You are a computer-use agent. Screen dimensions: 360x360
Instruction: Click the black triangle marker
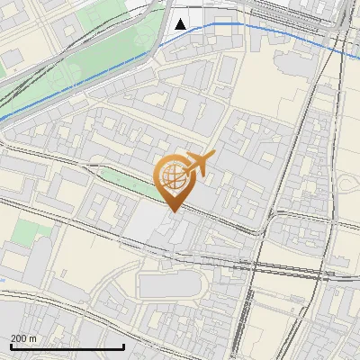181,23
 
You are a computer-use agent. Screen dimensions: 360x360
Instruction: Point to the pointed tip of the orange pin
172,211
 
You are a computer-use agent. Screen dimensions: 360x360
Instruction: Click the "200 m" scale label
23,337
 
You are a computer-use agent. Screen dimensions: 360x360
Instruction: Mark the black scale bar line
67,346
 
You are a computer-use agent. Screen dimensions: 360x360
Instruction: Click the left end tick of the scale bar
10,346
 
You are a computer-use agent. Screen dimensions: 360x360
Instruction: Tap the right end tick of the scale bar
123,346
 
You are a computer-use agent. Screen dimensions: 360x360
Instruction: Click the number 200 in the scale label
19,337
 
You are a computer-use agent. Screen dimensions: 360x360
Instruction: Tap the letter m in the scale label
33,337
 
